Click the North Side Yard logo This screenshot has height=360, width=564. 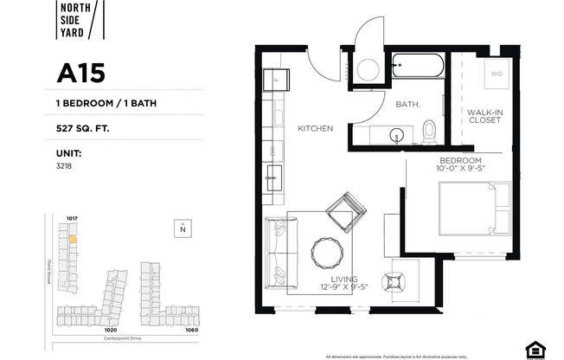[x=80, y=22]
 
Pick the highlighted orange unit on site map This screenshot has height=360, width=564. [x=73, y=238]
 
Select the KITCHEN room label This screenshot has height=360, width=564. [x=315, y=128]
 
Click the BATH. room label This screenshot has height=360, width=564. [x=407, y=105]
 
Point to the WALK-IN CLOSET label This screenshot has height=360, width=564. [x=485, y=117]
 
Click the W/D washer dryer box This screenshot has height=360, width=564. [x=496, y=74]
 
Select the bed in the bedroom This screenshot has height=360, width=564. [x=468, y=209]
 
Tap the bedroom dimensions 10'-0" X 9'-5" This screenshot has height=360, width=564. [x=459, y=170]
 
